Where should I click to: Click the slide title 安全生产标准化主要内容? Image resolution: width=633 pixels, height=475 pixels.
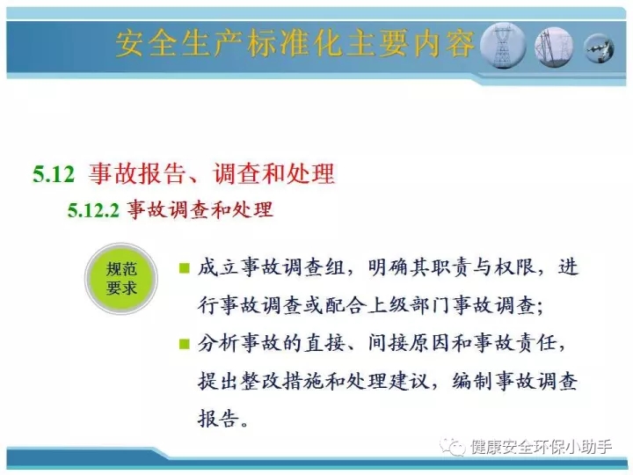295,44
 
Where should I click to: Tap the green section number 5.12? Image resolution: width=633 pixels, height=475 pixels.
54,174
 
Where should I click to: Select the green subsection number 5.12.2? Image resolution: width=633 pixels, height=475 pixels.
93,210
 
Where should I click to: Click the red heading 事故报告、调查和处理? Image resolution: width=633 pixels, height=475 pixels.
212,173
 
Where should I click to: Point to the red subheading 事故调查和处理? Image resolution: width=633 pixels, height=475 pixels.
200,210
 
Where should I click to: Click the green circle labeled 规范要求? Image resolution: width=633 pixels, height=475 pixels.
121,279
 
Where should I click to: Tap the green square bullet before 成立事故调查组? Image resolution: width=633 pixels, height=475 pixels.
184,268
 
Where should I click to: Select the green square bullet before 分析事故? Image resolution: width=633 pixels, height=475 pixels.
184,344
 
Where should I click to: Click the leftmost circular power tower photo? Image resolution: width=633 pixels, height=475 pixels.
503,45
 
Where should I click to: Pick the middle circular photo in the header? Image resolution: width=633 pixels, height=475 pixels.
554,47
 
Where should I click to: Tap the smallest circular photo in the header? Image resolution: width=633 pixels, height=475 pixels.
599,48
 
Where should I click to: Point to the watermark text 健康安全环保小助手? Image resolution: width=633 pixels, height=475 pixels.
541,447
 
